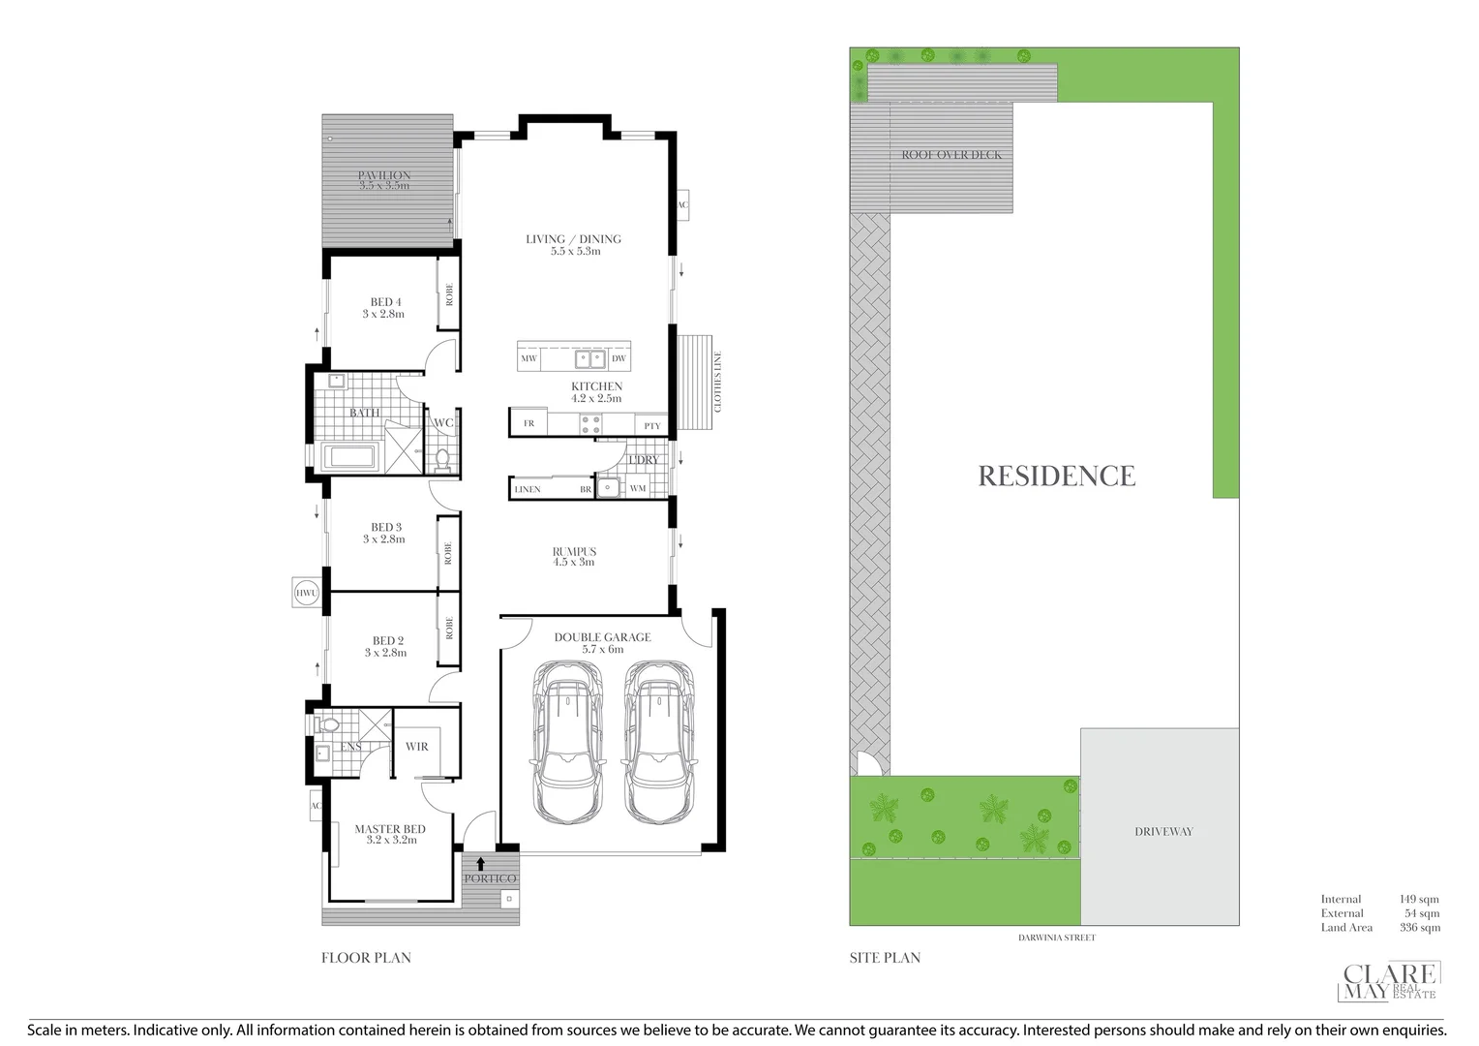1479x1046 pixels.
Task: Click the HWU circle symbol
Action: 307,593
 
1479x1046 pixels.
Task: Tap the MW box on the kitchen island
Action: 528,358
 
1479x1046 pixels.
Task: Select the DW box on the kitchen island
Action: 619,358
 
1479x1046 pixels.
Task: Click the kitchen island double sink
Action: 590,359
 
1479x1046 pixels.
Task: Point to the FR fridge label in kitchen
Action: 528,423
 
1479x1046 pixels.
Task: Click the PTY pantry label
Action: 651,426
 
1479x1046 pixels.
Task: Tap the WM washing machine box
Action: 637,488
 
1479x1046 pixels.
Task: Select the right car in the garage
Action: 659,741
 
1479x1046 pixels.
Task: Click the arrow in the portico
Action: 481,863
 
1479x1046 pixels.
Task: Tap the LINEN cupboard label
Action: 528,489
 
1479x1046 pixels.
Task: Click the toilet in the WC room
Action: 443,457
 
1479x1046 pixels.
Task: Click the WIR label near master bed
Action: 417,747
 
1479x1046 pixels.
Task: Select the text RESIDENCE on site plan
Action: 1056,476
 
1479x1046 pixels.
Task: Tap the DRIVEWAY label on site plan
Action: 1163,831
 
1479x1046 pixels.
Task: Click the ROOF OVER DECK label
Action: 951,155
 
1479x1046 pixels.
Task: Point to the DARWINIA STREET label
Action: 1056,938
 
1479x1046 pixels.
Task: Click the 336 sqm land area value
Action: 1419,928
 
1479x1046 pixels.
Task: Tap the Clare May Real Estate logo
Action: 1389,981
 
